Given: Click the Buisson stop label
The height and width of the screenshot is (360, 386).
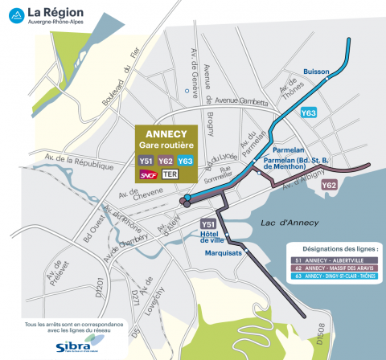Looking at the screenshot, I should pyautogui.click(x=317, y=72).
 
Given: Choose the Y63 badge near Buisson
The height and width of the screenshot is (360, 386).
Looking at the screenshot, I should pyautogui.click(x=308, y=113).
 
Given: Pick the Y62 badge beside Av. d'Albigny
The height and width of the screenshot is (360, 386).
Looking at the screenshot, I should pyautogui.click(x=329, y=186).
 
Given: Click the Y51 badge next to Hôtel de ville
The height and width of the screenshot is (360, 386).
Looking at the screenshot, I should pyautogui.click(x=207, y=224).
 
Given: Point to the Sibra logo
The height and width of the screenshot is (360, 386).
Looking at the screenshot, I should pyautogui.click(x=68, y=346).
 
